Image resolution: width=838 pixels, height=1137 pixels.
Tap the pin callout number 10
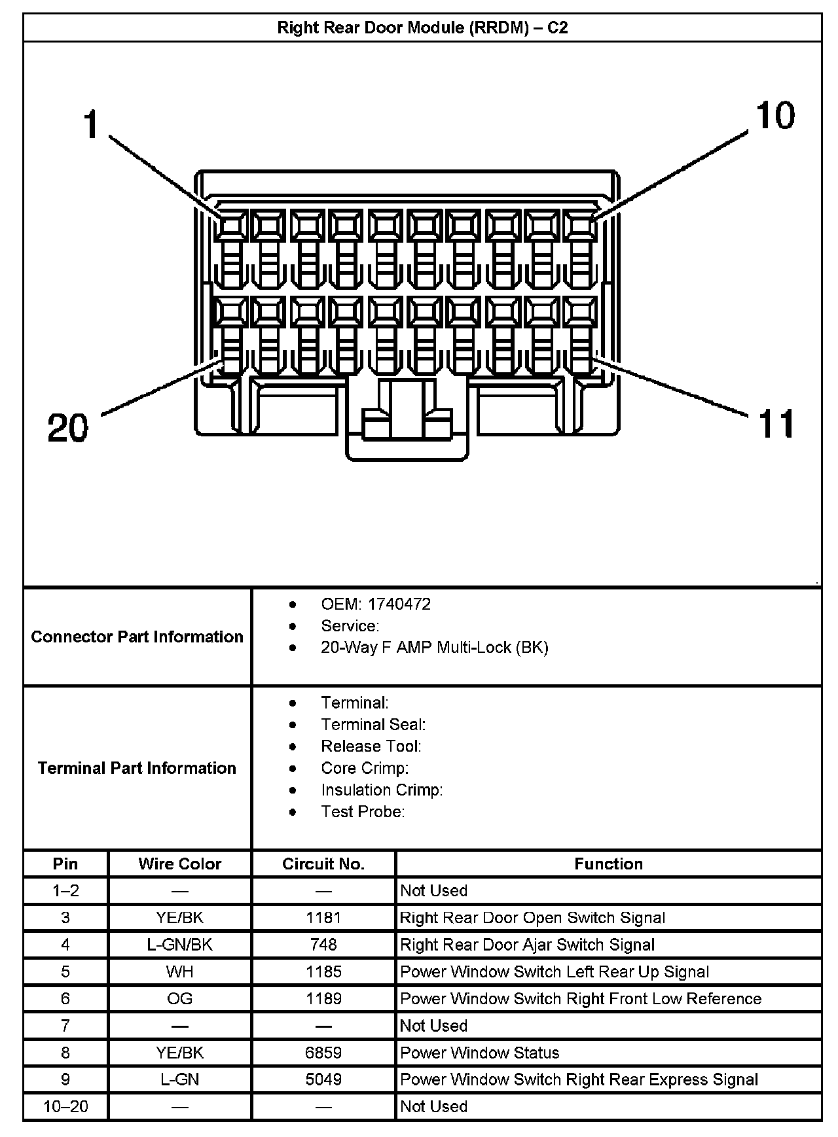[775, 116]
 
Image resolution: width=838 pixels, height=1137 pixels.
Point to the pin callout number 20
[68, 429]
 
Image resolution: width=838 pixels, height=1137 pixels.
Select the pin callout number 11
[776, 423]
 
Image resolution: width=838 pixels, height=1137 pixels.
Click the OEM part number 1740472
[399, 604]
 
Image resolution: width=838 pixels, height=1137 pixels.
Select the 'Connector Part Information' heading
[137, 637]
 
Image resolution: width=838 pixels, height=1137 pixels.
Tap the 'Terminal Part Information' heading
[137, 767]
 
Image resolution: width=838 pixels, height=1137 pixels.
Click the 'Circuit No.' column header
[323, 864]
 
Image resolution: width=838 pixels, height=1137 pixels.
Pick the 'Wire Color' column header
[180, 864]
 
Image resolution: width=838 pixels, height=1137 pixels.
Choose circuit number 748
[323, 945]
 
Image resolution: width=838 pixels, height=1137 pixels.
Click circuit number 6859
[323, 1053]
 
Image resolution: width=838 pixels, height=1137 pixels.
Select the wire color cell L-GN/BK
[180, 945]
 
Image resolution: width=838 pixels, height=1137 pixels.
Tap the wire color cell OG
[180, 999]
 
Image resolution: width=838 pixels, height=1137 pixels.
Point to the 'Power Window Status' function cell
[480, 1053]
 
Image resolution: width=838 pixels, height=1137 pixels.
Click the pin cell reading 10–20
[65, 1106]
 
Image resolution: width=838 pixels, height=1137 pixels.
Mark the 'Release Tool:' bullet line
[371, 746]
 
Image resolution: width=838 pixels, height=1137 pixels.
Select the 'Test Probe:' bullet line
[363, 812]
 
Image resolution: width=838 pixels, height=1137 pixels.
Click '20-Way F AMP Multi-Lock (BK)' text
[434, 648]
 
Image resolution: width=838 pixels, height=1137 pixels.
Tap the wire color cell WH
[180, 971]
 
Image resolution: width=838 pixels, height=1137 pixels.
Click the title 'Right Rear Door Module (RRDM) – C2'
[422, 28]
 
